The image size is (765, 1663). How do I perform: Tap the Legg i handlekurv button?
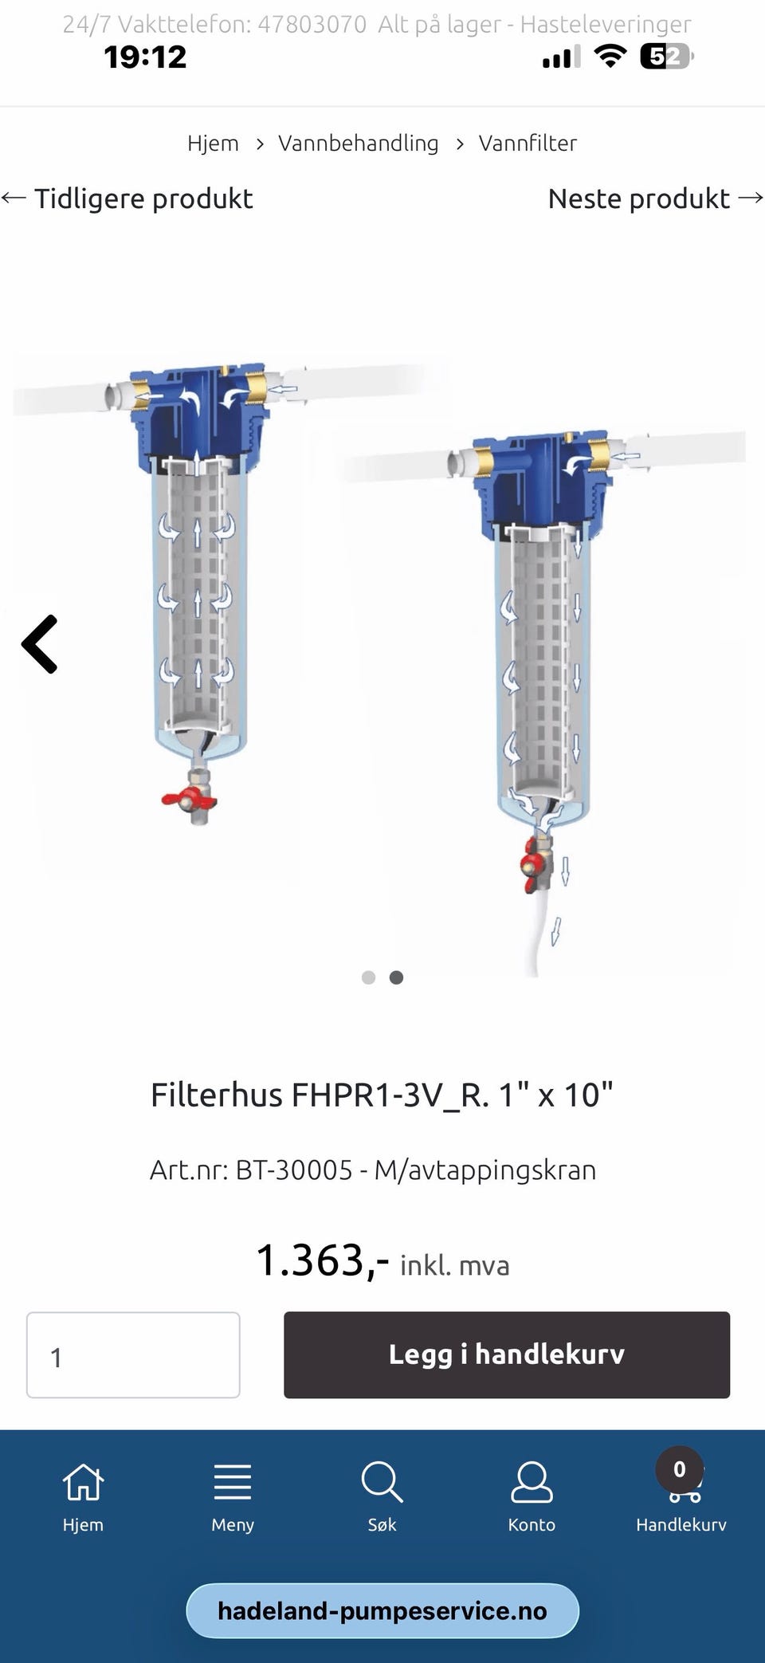point(507,1354)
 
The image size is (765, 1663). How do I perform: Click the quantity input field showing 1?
point(133,1354)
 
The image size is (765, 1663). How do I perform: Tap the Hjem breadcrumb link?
point(213,143)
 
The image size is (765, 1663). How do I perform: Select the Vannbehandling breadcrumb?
point(358,143)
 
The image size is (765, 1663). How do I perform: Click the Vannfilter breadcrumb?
point(528,143)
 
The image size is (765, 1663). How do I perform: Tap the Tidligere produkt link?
point(127,199)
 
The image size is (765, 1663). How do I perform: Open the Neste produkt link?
point(656,199)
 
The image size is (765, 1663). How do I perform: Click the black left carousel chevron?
point(40,644)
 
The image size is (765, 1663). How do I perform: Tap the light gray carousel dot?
point(368,977)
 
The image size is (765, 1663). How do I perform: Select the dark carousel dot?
point(396,977)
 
